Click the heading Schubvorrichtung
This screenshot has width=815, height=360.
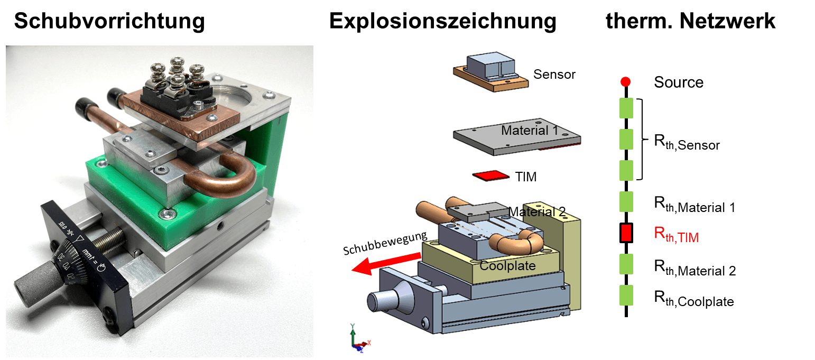[x=109, y=21]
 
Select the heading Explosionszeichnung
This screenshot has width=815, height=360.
[x=443, y=21]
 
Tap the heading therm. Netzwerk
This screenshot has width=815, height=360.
[x=691, y=21]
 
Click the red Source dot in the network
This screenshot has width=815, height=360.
[x=625, y=81]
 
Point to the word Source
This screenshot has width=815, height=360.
[x=679, y=82]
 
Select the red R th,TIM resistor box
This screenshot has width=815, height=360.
[x=626, y=233]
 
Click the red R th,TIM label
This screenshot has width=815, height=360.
[x=677, y=235]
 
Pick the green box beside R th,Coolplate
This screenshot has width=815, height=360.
[x=626, y=295]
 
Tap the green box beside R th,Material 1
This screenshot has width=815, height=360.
[x=626, y=201]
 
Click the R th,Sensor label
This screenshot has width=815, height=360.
[x=687, y=142]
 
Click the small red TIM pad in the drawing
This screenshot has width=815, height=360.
[x=491, y=176]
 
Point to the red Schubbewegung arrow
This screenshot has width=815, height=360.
[x=386, y=264]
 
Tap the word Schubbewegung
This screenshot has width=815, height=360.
[x=385, y=243]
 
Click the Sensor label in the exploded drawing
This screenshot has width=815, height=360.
[x=554, y=74]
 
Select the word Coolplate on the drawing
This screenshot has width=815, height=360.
[x=507, y=266]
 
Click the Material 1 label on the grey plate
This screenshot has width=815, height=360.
[x=530, y=131]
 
